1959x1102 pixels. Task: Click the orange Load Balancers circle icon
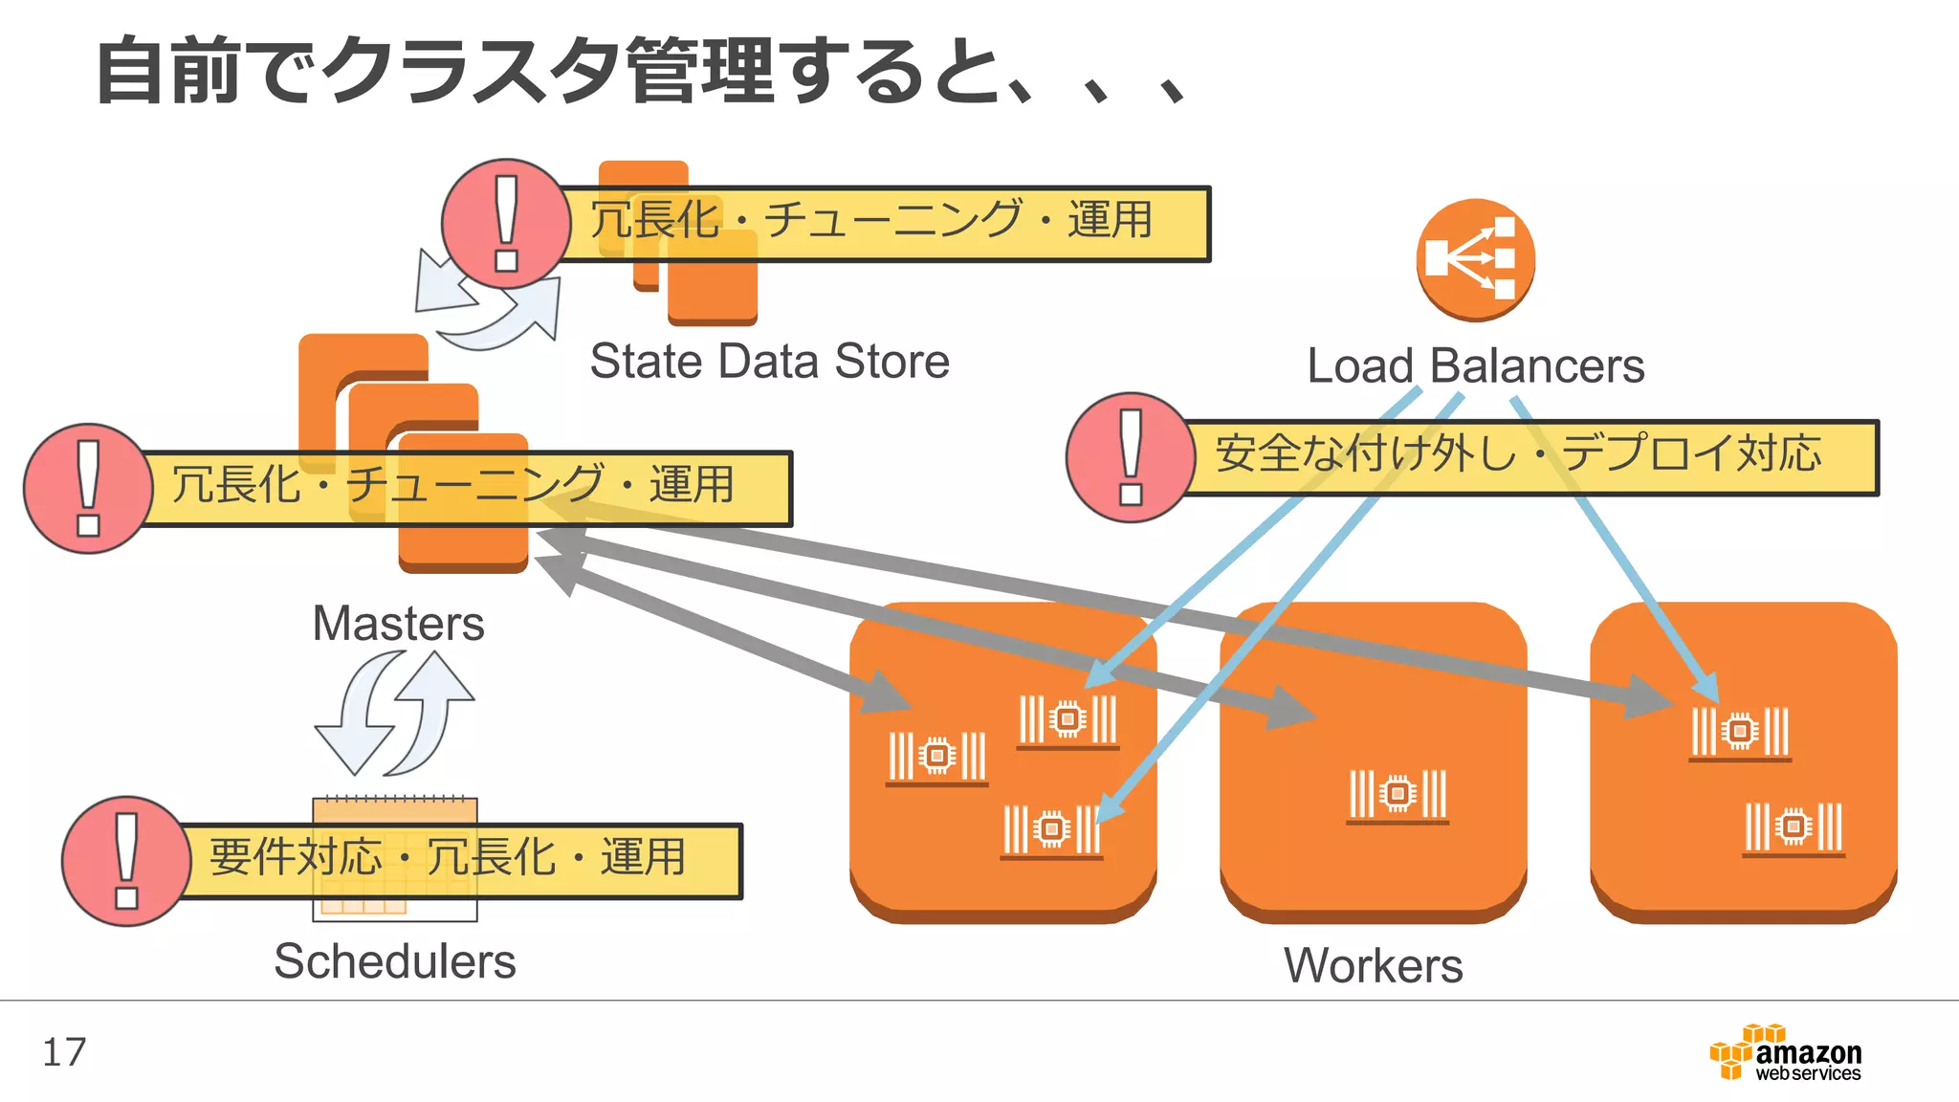point(1475,260)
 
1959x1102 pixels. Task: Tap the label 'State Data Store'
point(769,362)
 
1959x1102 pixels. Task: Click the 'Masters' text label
point(398,624)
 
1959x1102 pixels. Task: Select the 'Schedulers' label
point(394,960)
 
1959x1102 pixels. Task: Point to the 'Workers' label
point(1373,965)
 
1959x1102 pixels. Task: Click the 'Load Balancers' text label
point(1475,365)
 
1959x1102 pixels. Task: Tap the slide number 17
point(64,1052)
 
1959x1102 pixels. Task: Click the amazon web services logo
point(1785,1052)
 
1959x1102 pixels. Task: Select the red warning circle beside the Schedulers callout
point(126,861)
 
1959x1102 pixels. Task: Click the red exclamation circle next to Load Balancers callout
point(1131,457)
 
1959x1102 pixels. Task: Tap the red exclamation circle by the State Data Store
point(506,224)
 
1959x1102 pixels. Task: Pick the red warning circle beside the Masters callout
point(88,489)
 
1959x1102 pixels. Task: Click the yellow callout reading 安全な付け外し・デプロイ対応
point(1530,457)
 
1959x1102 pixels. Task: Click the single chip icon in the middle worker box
point(1398,795)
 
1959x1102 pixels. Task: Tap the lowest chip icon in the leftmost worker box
point(1051,830)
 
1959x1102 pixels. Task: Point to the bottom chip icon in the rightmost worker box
point(1794,827)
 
